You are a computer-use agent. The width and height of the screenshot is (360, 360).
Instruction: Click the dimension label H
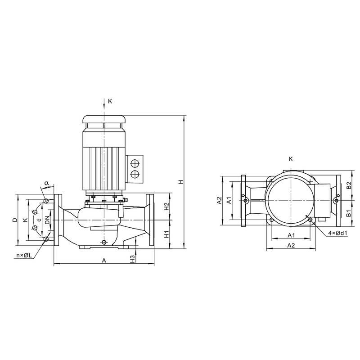(x=181, y=182)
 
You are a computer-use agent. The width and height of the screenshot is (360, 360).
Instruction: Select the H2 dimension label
(x=167, y=206)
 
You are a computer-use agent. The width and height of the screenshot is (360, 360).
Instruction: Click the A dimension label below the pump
(x=104, y=261)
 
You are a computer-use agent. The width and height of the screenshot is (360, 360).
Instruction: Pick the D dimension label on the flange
(x=15, y=220)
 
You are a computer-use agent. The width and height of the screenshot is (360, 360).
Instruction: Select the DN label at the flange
(x=47, y=220)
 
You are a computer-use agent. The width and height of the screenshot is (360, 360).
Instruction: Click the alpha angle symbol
(x=47, y=183)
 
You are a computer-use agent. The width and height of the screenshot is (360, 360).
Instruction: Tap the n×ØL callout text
(x=24, y=255)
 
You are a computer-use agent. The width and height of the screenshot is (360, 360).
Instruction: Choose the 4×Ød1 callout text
(x=338, y=233)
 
